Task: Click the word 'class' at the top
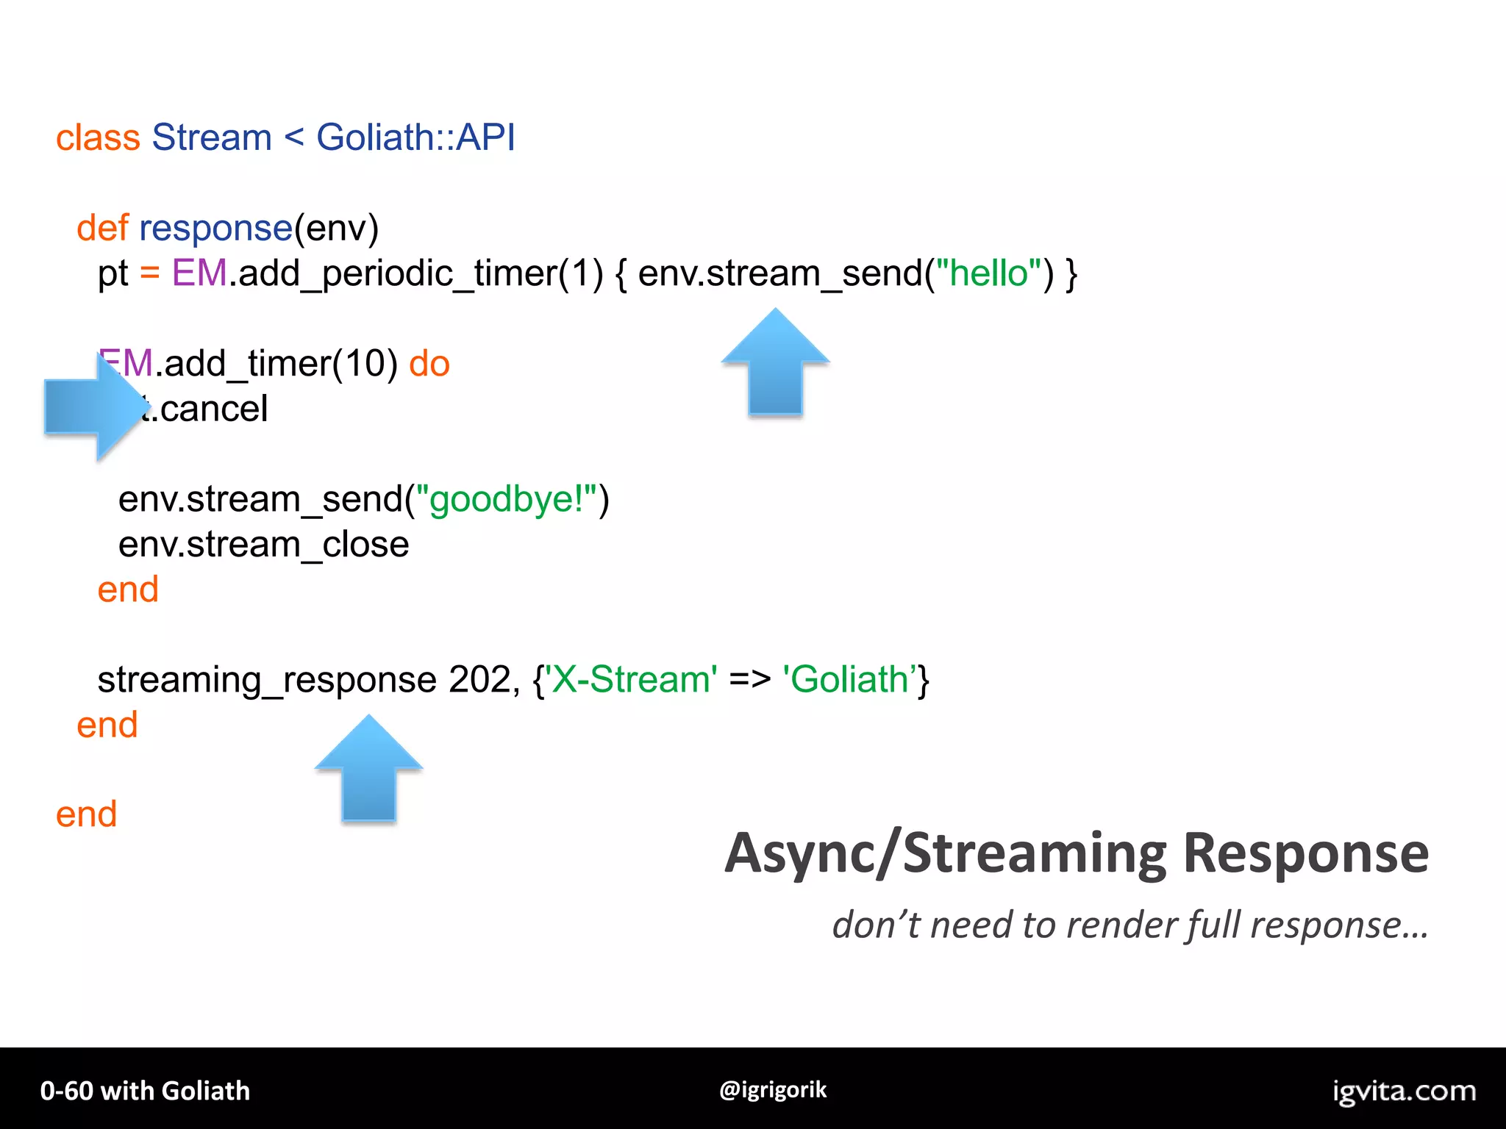pos(98,138)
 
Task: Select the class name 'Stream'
pos(212,138)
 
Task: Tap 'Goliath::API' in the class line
pos(415,138)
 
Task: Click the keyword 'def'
pos(102,228)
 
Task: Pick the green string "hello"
pos(988,273)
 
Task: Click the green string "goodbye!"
pos(506,500)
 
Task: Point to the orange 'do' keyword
pos(429,364)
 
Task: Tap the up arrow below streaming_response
pos(368,770)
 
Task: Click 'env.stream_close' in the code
pos(263,545)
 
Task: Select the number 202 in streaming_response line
pos(479,680)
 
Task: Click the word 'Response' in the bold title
pos(1306,854)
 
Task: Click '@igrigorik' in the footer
pos(773,1089)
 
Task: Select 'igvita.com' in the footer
pos(1404,1092)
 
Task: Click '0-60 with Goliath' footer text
pos(145,1091)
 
